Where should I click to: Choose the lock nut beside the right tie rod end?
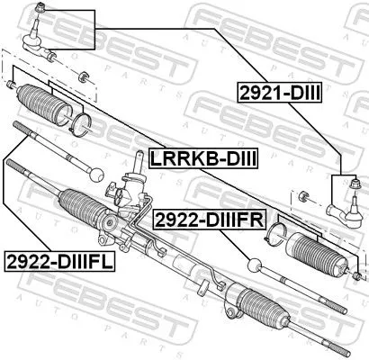(x=307, y=194)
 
